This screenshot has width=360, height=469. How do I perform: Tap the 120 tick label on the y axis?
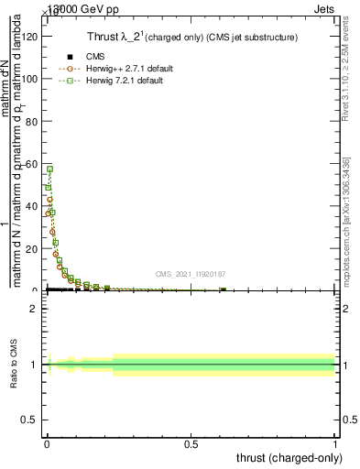pyautogui.click(x=32, y=37)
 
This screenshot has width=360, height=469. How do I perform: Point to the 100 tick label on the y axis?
pyautogui.click(x=32, y=79)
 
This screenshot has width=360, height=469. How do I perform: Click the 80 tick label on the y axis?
pyautogui.click(x=35, y=121)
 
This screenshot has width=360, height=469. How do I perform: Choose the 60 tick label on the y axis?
pyautogui.click(x=35, y=164)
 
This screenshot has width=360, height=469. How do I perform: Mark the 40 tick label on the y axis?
pyautogui.click(x=35, y=206)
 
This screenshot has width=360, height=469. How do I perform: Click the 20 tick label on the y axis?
pyautogui.click(x=35, y=248)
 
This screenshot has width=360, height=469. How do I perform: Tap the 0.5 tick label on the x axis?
pyautogui.click(x=191, y=444)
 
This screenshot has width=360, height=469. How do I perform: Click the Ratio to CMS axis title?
pyautogui.click(x=15, y=365)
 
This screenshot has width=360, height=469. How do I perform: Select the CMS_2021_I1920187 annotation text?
pyautogui.click(x=190, y=274)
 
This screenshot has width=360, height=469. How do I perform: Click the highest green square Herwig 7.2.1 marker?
pyautogui.click(x=50, y=169)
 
